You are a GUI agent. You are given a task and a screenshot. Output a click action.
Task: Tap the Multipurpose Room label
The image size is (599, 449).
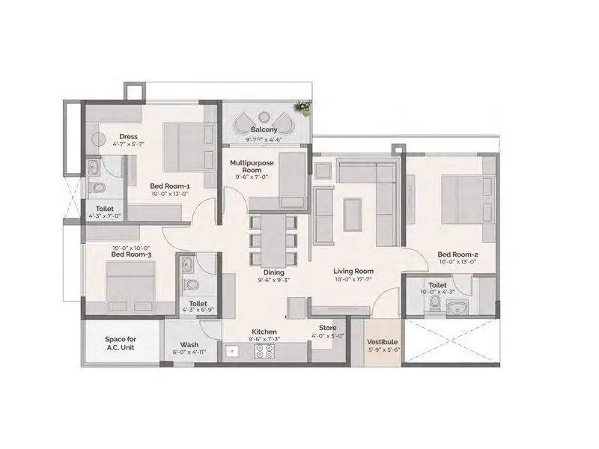(251, 167)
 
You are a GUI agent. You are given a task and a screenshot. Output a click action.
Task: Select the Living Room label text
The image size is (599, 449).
(353, 272)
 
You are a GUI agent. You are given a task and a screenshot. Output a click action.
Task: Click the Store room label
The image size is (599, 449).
(327, 328)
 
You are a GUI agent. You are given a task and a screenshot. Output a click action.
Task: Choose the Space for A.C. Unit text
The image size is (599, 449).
(120, 343)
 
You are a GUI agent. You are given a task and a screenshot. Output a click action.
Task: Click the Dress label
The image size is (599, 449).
(106, 135)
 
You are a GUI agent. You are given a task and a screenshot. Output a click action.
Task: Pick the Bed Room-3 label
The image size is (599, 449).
(132, 255)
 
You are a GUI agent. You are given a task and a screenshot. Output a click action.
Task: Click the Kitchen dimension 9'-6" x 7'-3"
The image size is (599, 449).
(264, 340)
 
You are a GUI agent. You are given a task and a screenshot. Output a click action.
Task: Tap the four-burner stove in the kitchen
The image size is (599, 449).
(264, 351)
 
